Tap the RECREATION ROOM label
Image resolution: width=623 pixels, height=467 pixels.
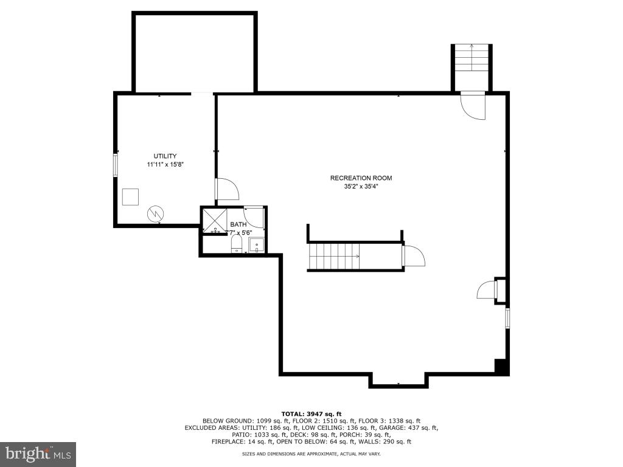pos(361,178)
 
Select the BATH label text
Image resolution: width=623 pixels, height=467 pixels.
pos(238,224)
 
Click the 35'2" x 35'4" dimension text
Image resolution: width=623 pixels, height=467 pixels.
pos(361,187)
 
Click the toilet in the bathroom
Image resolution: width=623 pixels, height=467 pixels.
pos(237,245)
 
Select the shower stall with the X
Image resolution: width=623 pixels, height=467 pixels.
pos(214,220)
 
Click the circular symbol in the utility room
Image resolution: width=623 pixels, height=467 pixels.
pos(156,213)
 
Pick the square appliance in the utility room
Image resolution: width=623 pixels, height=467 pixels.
pos(130,197)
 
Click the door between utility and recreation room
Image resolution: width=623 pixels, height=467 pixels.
pos(226,189)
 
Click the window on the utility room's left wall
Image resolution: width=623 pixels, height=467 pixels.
pos(115,165)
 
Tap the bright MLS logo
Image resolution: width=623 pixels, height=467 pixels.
pos(38,454)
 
